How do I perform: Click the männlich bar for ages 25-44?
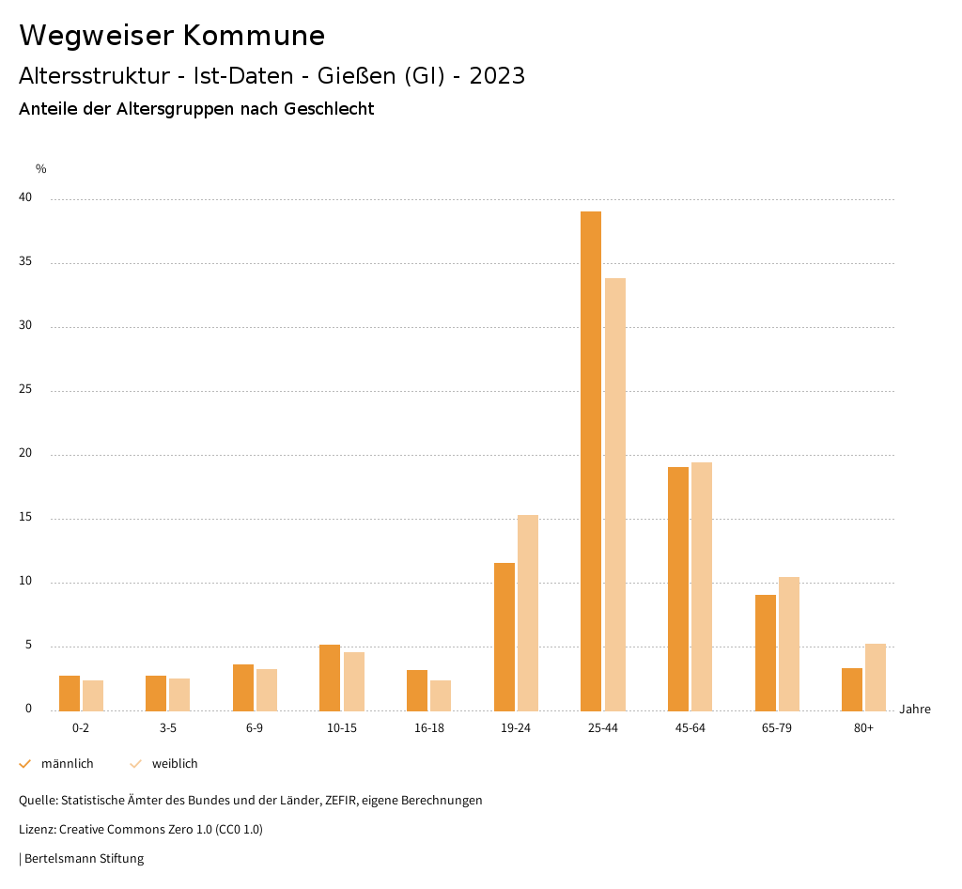(x=591, y=460)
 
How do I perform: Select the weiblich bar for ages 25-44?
(x=615, y=494)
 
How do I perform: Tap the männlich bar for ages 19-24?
(x=504, y=636)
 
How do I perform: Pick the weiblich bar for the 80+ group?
(x=876, y=677)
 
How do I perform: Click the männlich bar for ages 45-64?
(x=678, y=588)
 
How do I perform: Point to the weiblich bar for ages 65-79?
(x=789, y=644)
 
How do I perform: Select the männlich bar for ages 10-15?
(x=330, y=678)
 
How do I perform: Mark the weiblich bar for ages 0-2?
(x=93, y=695)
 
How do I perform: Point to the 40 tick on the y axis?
(x=24, y=198)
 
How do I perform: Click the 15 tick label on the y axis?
(x=24, y=518)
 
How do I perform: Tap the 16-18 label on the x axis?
(x=428, y=728)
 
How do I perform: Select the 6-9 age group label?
(x=255, y=728)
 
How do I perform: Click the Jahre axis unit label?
(x=915, y=710)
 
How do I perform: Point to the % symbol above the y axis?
(x=41, y=169)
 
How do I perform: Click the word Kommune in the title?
(x=254, y=36)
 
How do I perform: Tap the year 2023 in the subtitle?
(x=497, y=76)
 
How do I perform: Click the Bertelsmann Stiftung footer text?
(x=84, y=859)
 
